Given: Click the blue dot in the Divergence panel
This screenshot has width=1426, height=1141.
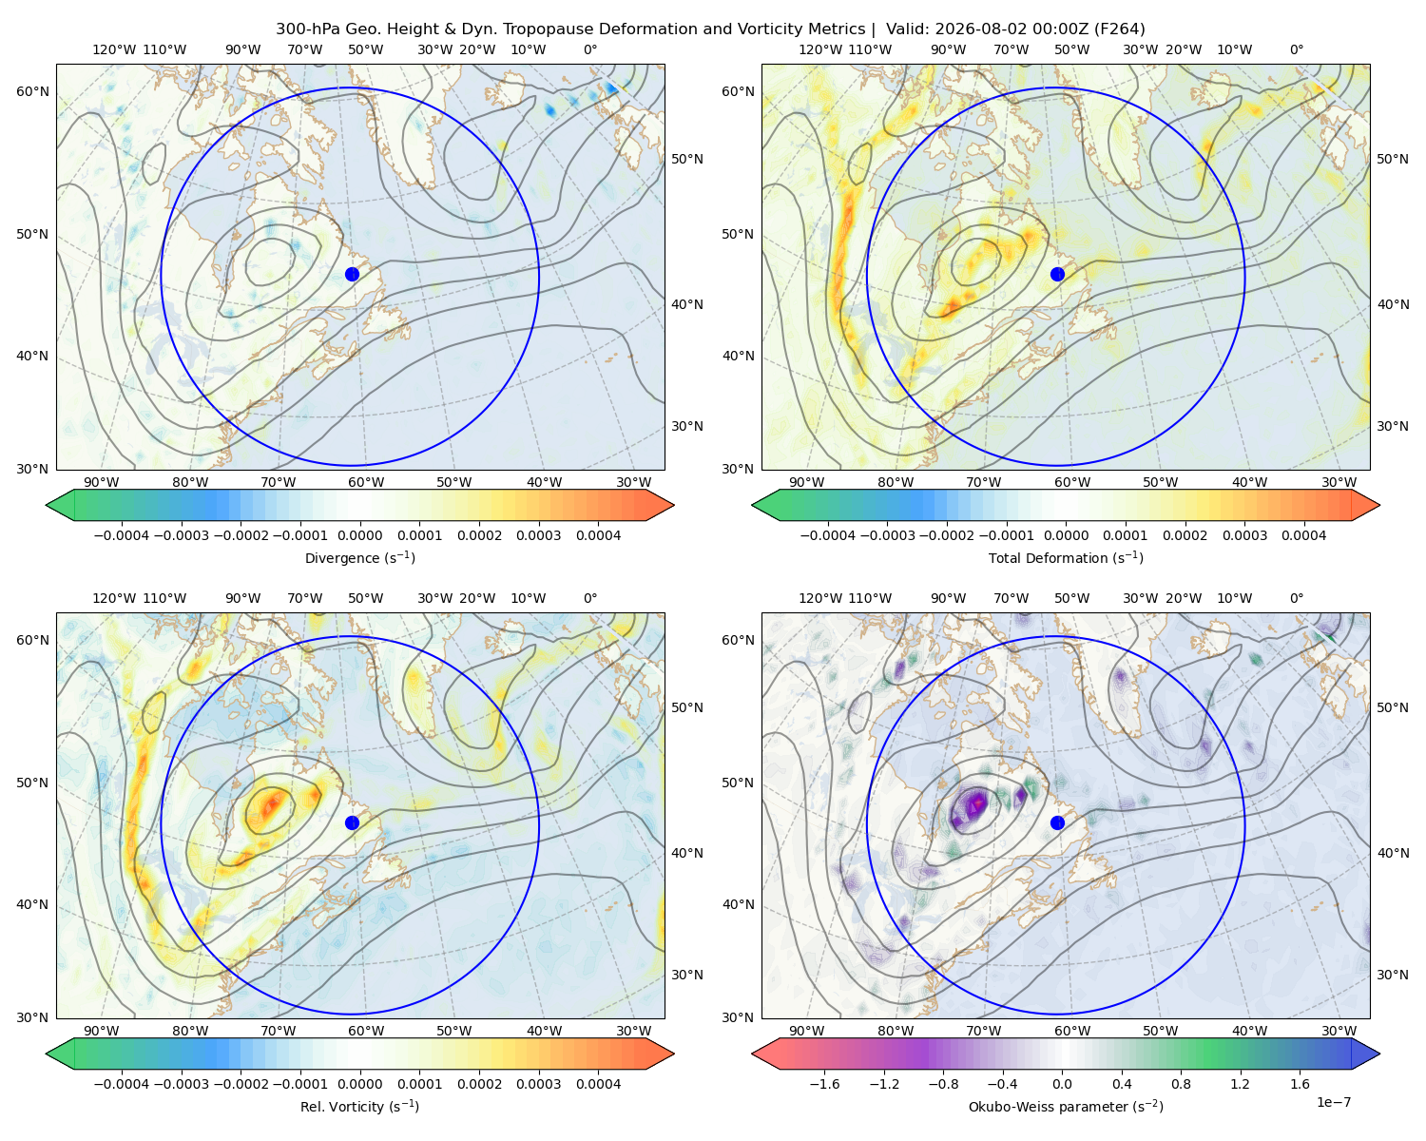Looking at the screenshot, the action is pyautogui.click(x=352, y=274).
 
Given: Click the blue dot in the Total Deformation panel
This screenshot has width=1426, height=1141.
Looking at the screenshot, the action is pyautogui.click(x=1057, y=274).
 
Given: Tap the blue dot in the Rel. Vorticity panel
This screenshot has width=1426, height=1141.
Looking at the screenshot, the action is pyautogui.click(x=352, y=822).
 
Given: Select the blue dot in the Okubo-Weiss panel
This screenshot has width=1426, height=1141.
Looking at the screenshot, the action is pyautogui.click(x=1057, y=822).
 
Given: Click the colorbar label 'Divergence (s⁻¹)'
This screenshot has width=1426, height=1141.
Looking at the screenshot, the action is pyautogui.click(x=359, y=557).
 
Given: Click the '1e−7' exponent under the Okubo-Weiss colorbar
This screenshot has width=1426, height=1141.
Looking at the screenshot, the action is pyautogui.click(x=1333, y=1102).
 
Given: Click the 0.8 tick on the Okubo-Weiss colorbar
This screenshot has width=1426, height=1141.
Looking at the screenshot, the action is pyautogui.click(x=1181, y=1083).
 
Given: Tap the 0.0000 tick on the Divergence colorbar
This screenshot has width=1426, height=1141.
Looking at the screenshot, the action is pyautogui.click(x=359, y=535).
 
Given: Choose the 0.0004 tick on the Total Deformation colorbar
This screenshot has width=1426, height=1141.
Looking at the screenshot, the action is pyautogui.click(x=1304, y=535).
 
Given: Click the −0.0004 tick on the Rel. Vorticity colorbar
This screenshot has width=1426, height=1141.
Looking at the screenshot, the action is pyautogui.click(x=122, y=1083).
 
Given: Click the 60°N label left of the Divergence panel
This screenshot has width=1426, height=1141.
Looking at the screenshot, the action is pyautogui.click(x=32, y=91).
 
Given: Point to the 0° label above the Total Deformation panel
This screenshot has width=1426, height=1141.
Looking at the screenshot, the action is pyautogui.click(x=1296, y=49).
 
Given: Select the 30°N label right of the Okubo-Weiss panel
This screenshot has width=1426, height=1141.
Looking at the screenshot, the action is pyautogui.click(x=1392, y=974).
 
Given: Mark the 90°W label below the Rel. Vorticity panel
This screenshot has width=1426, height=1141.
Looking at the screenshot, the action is pyautogui.click(x=102, y=1031).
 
